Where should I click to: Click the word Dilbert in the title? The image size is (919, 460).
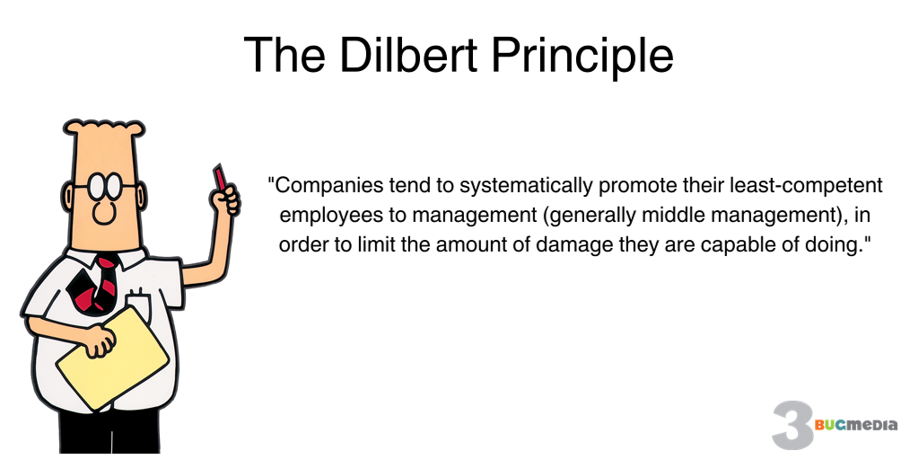tap(409, 54)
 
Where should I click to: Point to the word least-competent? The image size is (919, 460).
tap(806, 186)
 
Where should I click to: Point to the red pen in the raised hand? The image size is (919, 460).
tap(220, 177)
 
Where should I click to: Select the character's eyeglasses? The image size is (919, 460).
tap(106, 185)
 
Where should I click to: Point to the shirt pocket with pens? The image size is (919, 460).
tap(138, 305)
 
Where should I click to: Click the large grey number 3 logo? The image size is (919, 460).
tap(794, 425)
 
